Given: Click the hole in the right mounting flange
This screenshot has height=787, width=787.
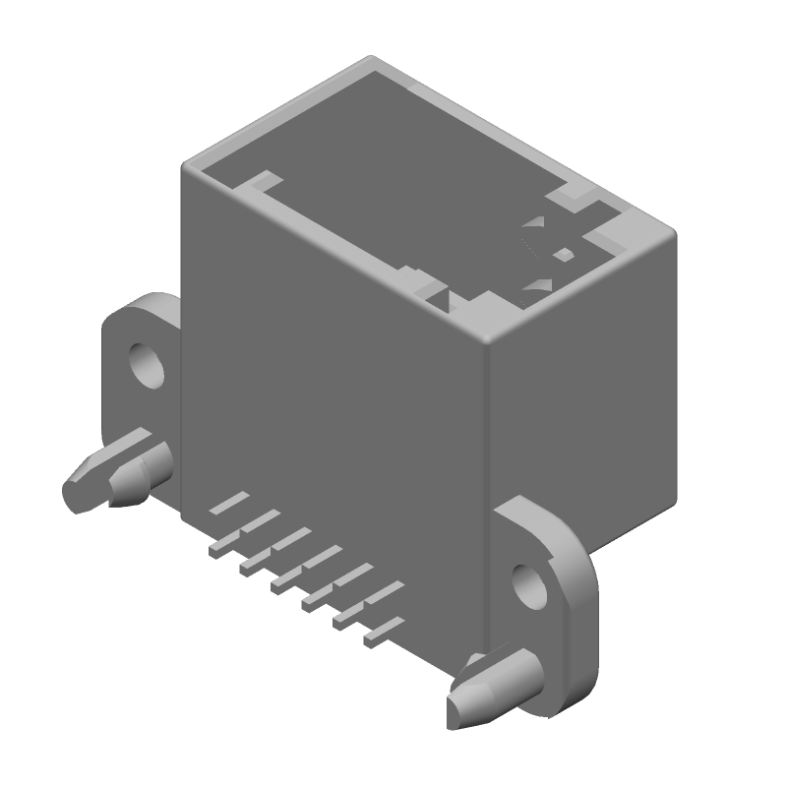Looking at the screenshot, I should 530,584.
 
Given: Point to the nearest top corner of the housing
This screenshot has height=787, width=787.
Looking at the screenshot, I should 489,339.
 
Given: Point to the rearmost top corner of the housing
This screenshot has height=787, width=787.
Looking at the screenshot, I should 371,59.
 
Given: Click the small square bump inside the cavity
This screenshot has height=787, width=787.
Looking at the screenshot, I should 563,254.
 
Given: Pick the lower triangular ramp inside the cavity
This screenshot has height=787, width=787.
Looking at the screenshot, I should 537,285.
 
